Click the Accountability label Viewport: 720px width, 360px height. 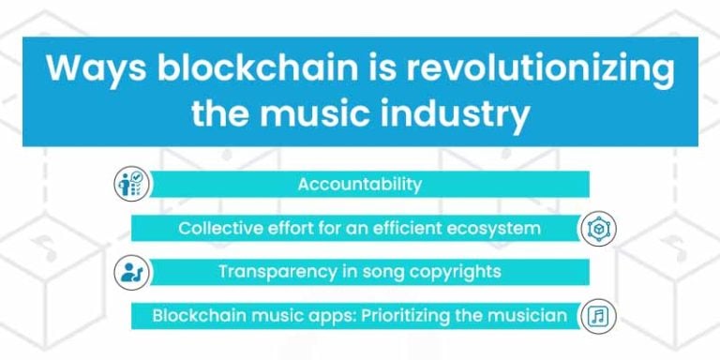pyautogui.click(x=360, y=184)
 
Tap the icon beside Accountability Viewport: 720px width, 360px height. pyautogui.click(x=130, y=184)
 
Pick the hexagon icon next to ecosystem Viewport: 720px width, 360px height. pyautogui.click(x=596, y=228)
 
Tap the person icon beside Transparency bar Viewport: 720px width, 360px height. pyautogui.click(x=130, y=273)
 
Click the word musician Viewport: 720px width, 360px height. pyautogui.click(x=530, y=316)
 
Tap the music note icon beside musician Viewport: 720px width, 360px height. pyautogui.click(x=596, y=316)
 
